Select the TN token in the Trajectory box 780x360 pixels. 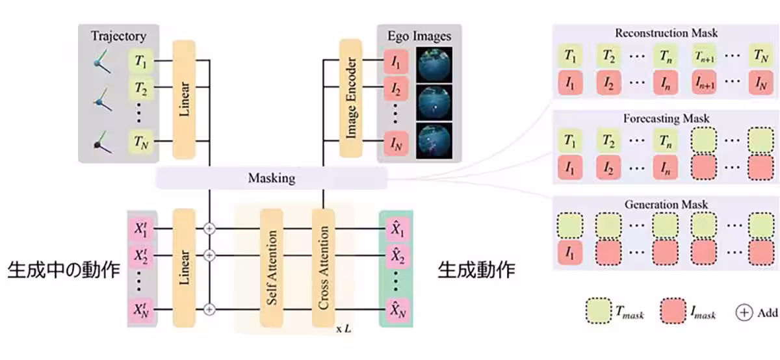pos(141,140)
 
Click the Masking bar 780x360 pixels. pos(271,177)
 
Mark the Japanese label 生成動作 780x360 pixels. pos(476,270)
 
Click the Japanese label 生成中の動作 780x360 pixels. pos(64,270)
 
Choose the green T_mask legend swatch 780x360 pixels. pos(599,313)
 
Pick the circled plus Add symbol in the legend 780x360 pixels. pos(744,313)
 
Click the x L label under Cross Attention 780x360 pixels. pos(343,329)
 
